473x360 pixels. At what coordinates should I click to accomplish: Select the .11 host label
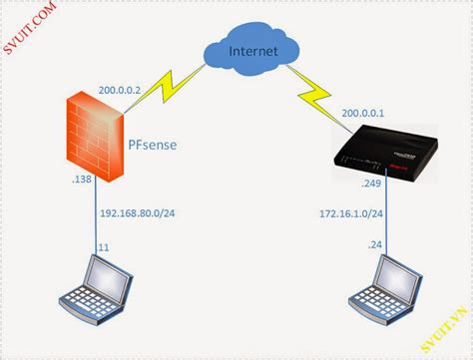click(x=104, y=245)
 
